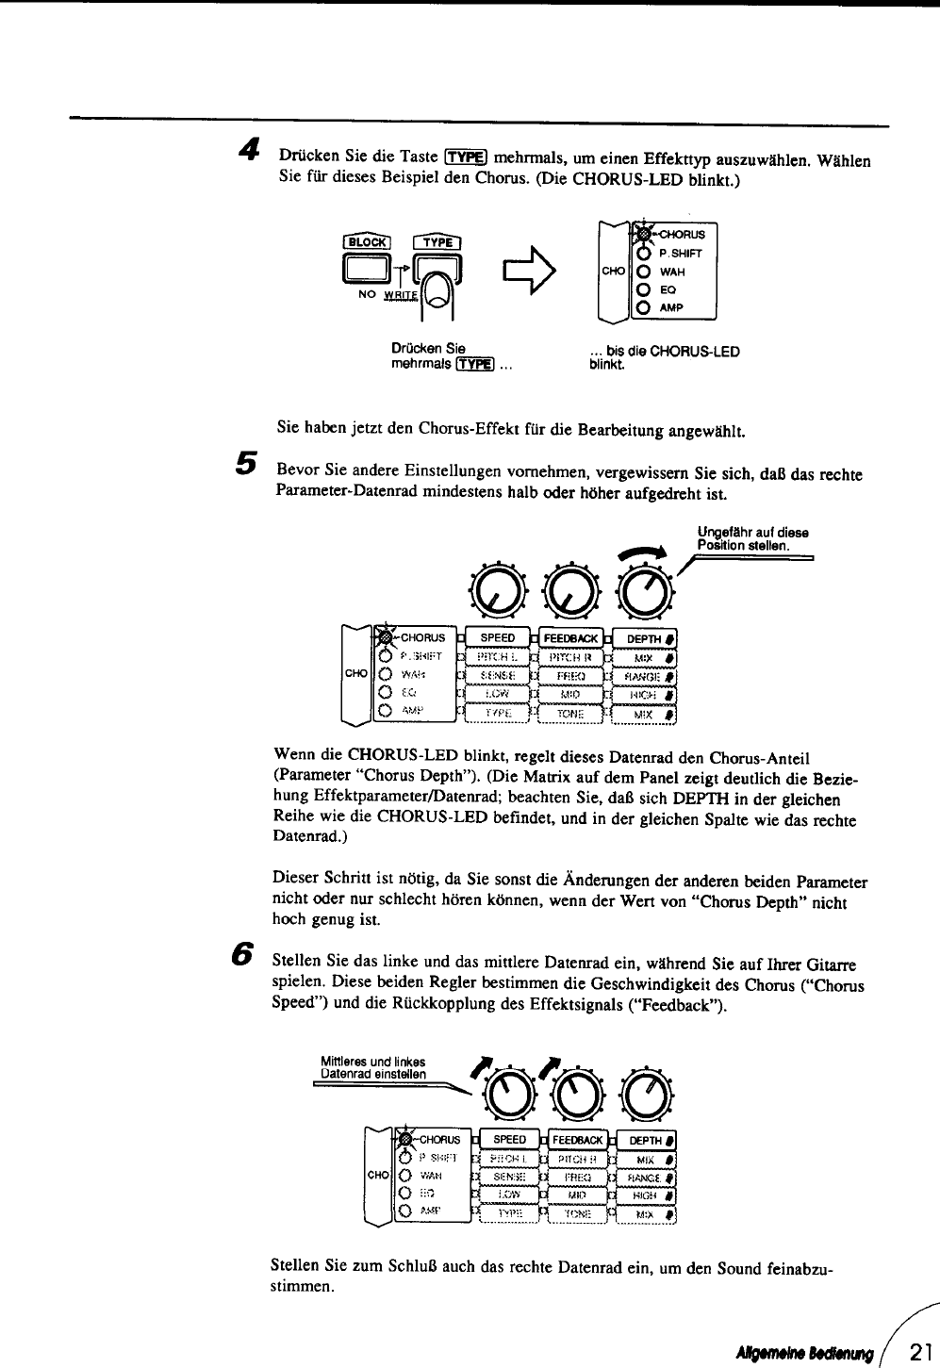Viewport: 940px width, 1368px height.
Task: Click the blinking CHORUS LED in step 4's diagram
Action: [x=643, y=234]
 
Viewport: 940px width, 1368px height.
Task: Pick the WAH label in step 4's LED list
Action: [x=671, y=272]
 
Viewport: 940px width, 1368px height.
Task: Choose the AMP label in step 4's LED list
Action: [x=671, y=307]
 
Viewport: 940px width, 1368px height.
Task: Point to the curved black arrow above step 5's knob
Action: [x=642, y=554]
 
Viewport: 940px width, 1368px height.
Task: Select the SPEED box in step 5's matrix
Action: [x=498, y=637]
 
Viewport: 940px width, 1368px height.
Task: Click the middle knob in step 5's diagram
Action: [x=572, y=589]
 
